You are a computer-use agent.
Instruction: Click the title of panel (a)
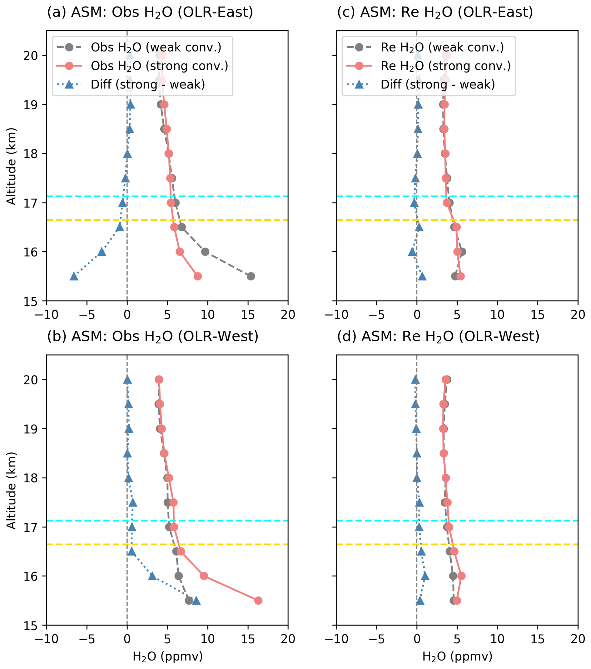(x=150, y=13)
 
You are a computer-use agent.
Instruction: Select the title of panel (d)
(x=438, y=336)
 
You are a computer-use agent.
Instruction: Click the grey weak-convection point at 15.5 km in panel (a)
(x=251, y=276)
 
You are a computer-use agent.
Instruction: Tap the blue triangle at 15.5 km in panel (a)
(x=74, y=277)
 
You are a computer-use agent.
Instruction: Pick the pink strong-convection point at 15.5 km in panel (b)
(x=258, y=601)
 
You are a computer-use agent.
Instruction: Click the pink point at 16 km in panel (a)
(x=180, y=252)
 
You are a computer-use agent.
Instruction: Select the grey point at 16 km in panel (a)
(x=205, y=252)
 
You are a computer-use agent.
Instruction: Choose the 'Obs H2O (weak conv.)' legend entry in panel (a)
(x=156, y=48)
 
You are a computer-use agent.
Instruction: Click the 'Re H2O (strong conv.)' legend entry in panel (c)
(x=445, y=66)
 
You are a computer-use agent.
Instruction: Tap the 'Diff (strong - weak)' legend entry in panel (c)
(x=438, y=84)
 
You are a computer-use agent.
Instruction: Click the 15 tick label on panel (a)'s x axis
(x=248, y=315)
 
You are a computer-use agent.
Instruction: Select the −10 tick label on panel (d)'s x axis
(x=336, y=639)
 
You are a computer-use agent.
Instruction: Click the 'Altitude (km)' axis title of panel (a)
(x=12, y=166)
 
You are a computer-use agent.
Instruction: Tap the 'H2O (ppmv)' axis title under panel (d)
(x=457, y=656)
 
